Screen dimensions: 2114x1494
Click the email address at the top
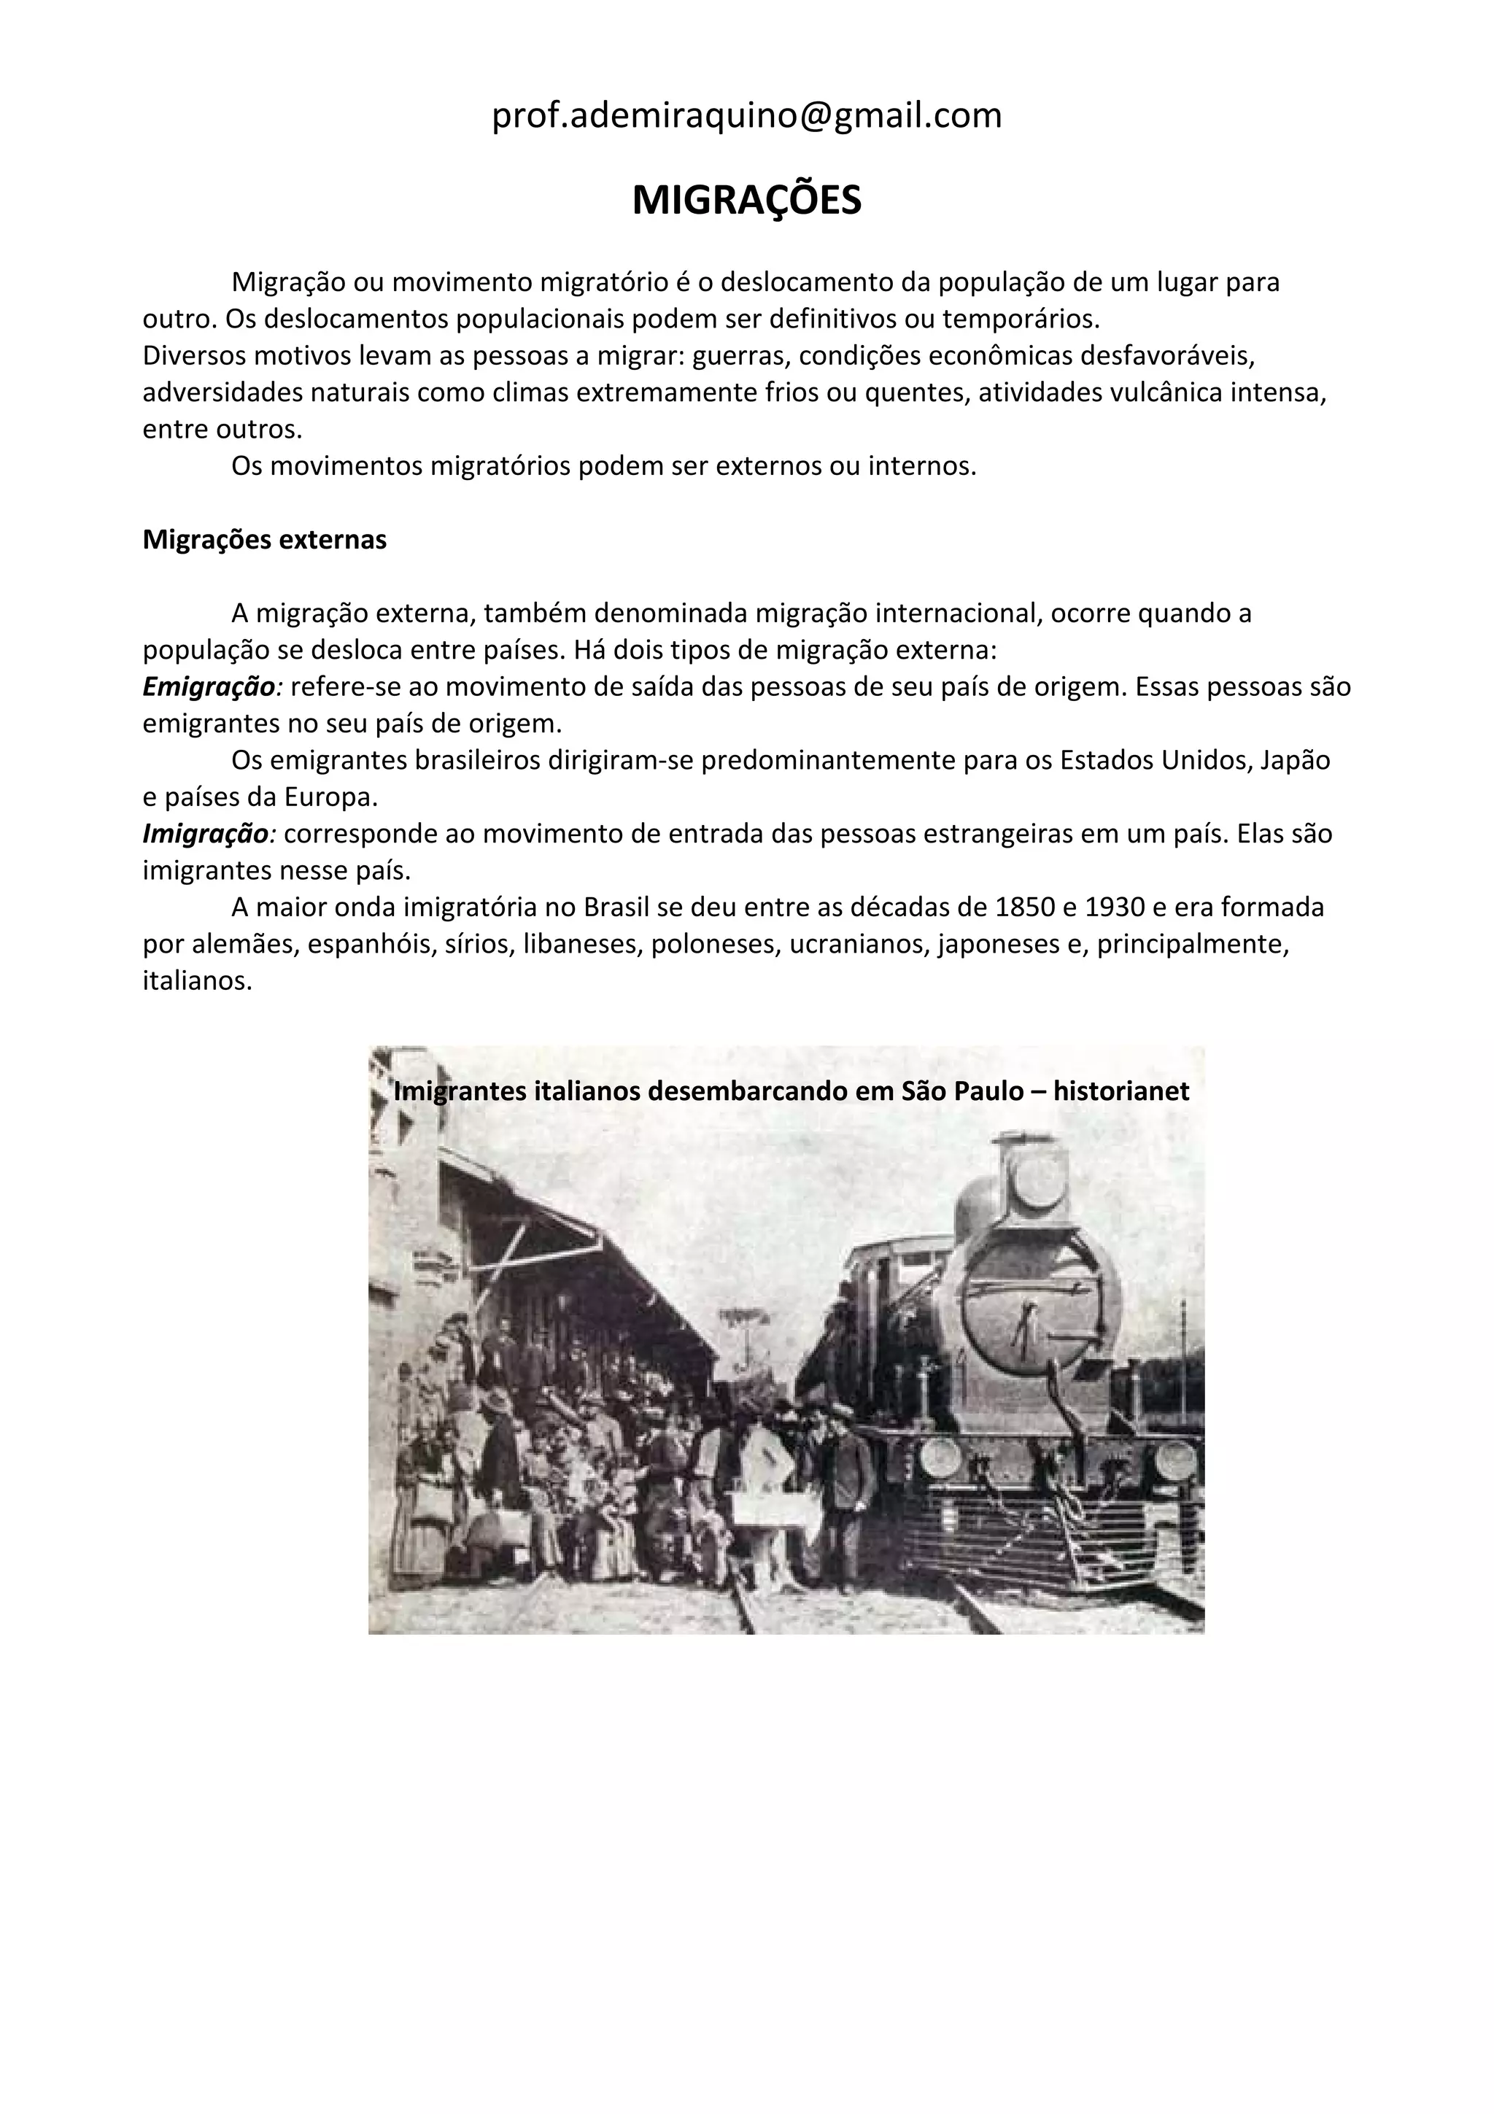coord(746,116)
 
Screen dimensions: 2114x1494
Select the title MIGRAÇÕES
coord(746,200)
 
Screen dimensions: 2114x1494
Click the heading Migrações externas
coord(264,540)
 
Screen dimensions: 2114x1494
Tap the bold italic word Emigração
coord(209,687)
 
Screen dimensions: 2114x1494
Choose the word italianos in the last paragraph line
coord(196,982)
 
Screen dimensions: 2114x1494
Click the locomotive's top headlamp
coord(1036,1176)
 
